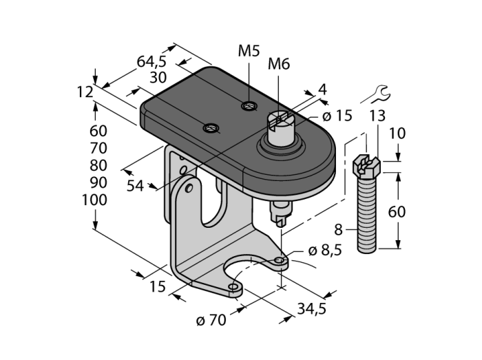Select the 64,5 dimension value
coord(152,61)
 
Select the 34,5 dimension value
coord(311,310)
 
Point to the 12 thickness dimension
coord(85,91)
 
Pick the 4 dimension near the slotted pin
coord(321,89)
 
